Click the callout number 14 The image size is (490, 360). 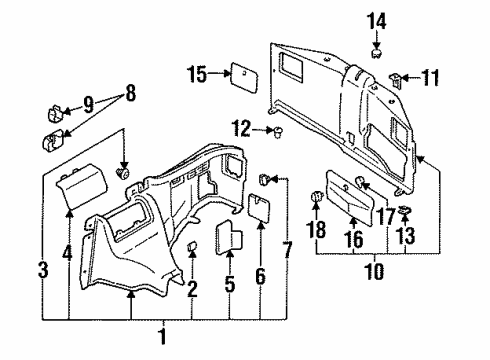(378, 20)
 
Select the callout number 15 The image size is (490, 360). (196, 74)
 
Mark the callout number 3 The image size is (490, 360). (42, 269)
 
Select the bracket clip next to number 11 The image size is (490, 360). (398, 77)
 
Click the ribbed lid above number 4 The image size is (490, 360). (80, 186)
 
